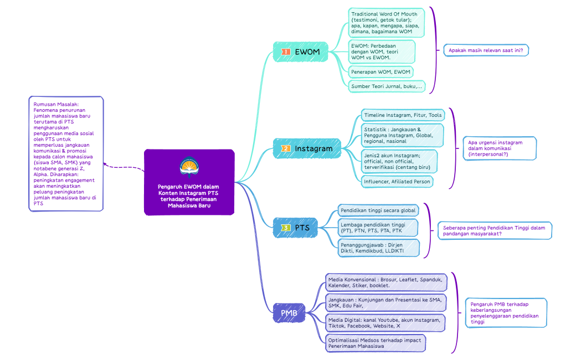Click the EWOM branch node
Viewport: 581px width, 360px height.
coord(301,52)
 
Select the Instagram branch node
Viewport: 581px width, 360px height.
coord(306,148)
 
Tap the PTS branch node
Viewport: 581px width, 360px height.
coord(296,228)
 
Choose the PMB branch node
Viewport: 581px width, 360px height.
coord(289,313)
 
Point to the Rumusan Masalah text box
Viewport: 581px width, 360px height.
coord(65,153)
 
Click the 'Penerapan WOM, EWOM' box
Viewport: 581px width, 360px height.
coord(381,71)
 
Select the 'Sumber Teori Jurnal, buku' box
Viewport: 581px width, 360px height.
coord(387,86)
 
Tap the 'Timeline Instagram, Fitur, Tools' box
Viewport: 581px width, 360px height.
coord(403,115)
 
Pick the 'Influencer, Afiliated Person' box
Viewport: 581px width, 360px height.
coord(397,181)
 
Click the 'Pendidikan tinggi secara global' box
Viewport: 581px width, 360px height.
coord(378,210)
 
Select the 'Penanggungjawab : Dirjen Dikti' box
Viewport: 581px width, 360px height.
coord(378,248)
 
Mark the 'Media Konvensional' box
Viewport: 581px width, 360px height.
coord(385,282)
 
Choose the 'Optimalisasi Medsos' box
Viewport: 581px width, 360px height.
coord(375,343)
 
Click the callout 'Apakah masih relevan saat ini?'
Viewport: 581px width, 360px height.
coord(486,50)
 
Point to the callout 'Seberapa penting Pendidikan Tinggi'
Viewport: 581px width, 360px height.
coord(495,230)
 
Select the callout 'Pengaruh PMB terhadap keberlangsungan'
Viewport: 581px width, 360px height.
coord(505,312)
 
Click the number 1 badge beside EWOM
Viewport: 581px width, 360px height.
coord(286,52)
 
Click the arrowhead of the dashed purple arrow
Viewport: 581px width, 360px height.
coord(105,164)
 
